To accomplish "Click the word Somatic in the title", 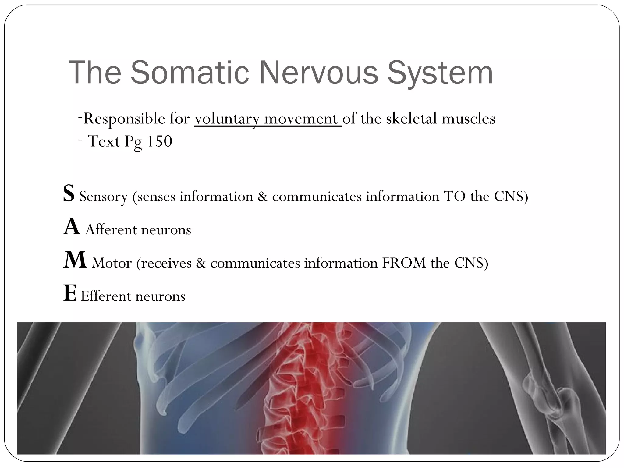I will (x=190, y=73).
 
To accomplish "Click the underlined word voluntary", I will (x=227, y=119).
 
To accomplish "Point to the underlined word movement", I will (x=301, y=119).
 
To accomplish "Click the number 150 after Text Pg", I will (x=159, y=141).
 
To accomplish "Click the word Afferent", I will (x=111, y=230).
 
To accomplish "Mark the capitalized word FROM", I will (x=403, y=263).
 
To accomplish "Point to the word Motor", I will (x=112, y=263).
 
